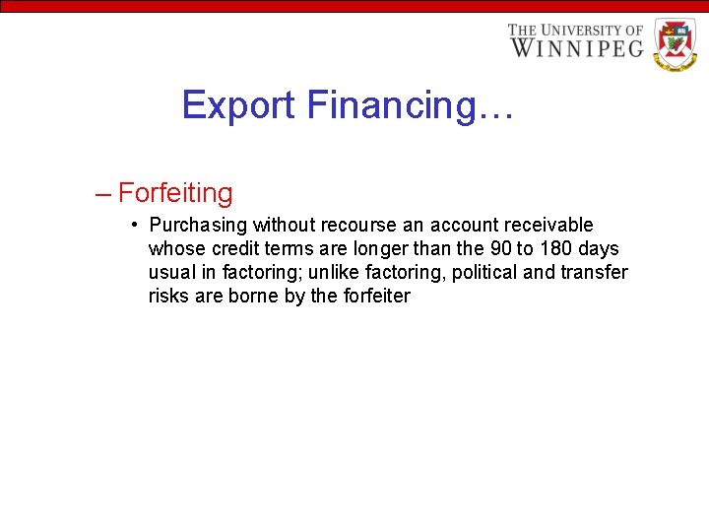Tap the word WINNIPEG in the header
coord(576,47)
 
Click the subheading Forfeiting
coord(175,192)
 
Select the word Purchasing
coord(198,226)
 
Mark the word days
coord(600,248)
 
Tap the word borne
coord(253,296)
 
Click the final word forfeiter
coord(374,296)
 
